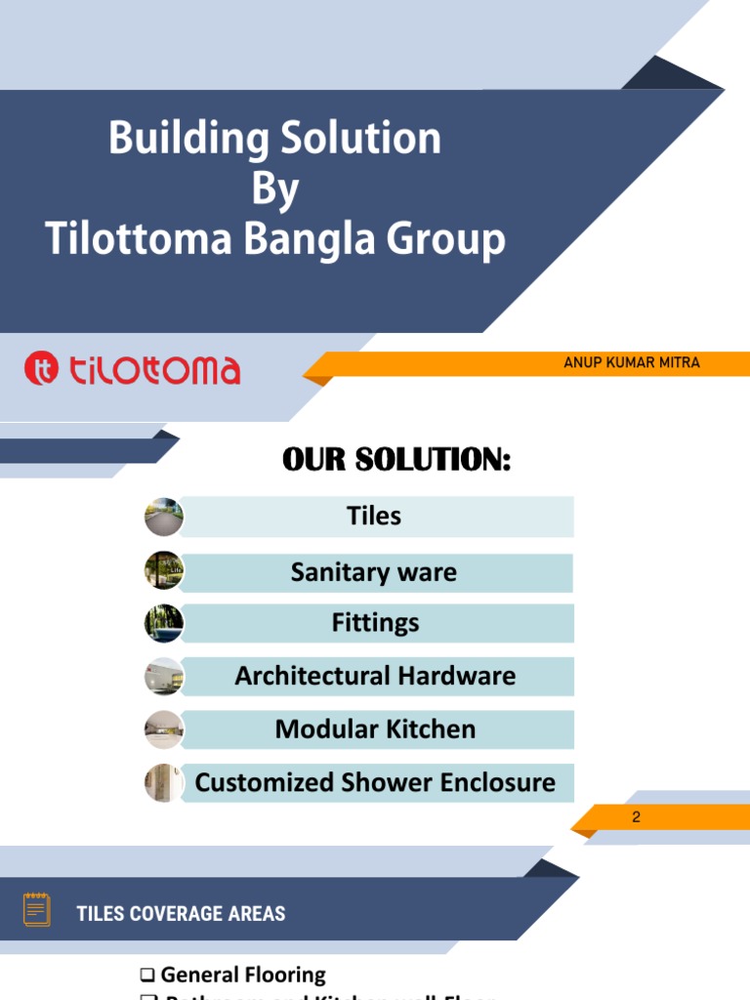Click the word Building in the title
(x=188, y=140)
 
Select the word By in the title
(x=274, y=189)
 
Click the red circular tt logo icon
(x=42, y=369)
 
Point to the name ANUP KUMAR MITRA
(x=631, y=362)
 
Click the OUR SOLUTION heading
(x=396, y=459)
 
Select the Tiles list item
(x=374, y=516)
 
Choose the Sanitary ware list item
(x=374, y=572)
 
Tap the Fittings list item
(x=375, y=623)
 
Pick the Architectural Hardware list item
(x=375, y=676)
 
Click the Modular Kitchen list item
(x=375, y=729)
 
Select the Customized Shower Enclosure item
(x=375, y=782)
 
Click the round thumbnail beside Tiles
(x=164, y=517)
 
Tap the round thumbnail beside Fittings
(x=164, y=623)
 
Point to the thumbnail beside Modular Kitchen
(x=164, y=729)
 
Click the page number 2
(x=636, y=817)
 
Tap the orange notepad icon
(x=37, y=909)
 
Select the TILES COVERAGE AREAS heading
(x=181, y=914)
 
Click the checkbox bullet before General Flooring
(x=147, y=975)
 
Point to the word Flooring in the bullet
(x=283, y=975)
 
